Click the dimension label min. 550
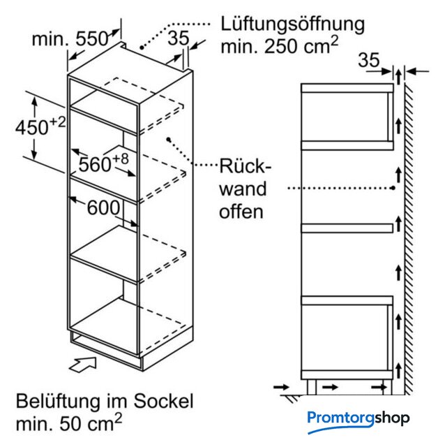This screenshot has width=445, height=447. coord(70,39)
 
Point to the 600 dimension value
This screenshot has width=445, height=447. coord(103,207)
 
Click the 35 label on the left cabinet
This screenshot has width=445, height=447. coord(179,38)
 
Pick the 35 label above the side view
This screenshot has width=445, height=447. coord(369,60)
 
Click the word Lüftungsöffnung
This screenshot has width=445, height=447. coord(292,24)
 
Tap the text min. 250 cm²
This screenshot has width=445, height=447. coord(280,45)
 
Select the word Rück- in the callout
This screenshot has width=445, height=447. coord(245,166)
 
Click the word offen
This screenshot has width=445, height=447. coord(241,212)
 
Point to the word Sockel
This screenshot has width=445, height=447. coord(163,401)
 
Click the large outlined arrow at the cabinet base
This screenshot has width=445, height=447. coord(83,365)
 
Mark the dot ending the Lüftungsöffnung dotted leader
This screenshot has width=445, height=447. coord(142,47)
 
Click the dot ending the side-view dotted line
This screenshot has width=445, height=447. coord(393,188)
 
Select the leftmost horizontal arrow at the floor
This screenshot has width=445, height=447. coord(281,387)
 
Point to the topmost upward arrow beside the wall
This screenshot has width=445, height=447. coord(398,75)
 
